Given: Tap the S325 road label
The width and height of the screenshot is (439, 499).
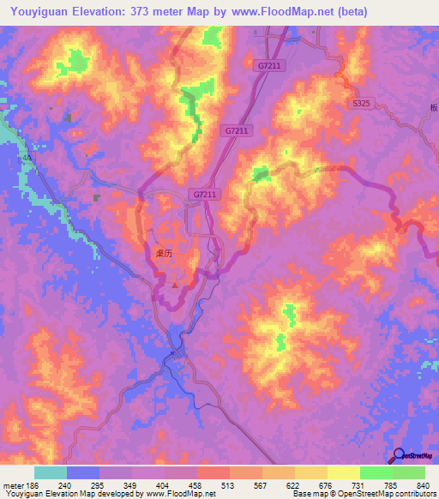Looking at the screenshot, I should [361, 103].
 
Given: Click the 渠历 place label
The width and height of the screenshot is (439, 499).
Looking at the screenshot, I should [164, 254].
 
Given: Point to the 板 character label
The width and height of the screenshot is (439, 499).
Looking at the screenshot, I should [434, 108].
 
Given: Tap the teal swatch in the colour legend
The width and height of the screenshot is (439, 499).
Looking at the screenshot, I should [51, 472].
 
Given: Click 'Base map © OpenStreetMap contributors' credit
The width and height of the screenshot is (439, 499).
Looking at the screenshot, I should [364, 494].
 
